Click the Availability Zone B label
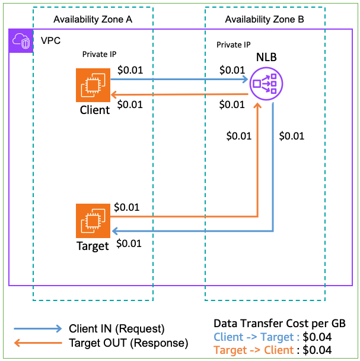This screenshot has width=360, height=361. click(265, 20)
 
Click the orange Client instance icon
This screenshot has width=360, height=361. click(94, 85)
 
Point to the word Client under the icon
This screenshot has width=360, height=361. click(94, 110)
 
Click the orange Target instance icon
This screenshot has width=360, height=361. click(94, 221)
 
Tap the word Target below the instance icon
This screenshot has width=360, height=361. click(93, 246)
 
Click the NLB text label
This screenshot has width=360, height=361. click(266, 58)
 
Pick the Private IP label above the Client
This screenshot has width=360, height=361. click(99, 55)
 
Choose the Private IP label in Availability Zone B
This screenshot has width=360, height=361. click(234, 45)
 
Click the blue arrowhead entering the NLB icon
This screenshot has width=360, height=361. click(244, 79)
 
